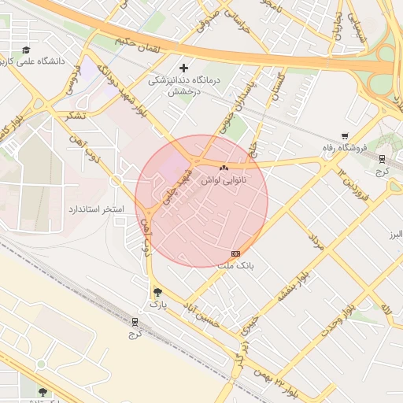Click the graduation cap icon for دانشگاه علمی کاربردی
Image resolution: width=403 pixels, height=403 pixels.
[26, 50]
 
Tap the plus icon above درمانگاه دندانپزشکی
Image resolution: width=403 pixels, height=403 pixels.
[185, 68]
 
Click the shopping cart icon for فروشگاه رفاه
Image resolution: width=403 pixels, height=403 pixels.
[344, 136]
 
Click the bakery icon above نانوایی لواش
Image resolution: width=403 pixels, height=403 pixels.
[224, 168]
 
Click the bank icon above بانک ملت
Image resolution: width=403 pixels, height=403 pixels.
[236, 253]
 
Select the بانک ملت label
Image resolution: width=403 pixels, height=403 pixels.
[236, 266]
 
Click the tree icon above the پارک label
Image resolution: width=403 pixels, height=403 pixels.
[157, 291]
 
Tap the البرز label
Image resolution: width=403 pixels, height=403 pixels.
[390, 235]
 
